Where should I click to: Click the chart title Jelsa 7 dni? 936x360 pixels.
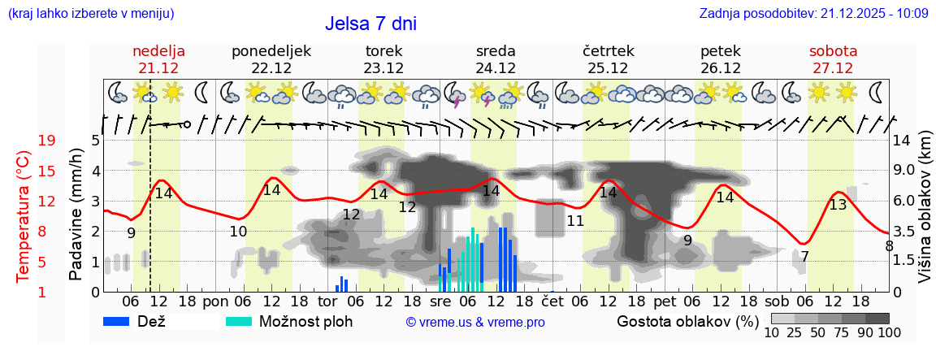371,23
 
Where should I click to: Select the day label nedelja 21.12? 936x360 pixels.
158,59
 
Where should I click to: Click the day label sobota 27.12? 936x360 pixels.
833,59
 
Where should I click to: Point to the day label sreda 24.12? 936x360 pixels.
496,59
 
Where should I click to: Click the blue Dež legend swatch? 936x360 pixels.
123,321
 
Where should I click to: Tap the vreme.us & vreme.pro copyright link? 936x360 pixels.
475,323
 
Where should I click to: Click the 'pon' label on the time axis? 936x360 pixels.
215,301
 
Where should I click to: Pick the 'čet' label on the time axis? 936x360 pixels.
552,301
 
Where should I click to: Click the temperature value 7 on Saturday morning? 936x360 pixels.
804,257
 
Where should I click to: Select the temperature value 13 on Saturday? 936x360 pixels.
838,205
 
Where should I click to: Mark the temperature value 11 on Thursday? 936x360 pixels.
575,221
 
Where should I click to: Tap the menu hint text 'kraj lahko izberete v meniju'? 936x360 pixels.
90,14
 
